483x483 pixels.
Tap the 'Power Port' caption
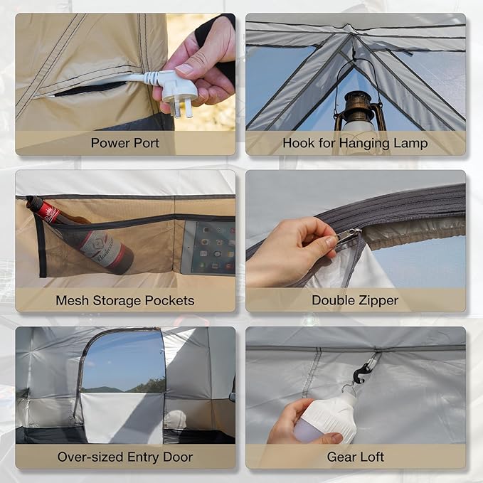click(x=125, y=142)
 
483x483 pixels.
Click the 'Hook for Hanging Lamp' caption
click(x=355, y=142)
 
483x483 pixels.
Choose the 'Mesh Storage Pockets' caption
click(x=125, y=300)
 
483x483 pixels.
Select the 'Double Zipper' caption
click(x=355, y=300)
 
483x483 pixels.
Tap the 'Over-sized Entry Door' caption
click(x=125, y=457)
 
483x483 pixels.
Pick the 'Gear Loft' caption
click(x=355, y=457)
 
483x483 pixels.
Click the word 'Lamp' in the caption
click(x=410, y=142)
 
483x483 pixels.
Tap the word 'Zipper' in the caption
click(x=378, y=300)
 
